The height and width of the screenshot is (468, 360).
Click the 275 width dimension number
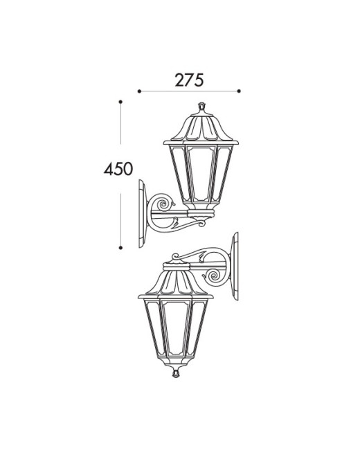(189, 80)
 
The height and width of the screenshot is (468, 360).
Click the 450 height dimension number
(118, 169)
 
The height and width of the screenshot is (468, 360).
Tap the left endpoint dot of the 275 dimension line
(139, 91)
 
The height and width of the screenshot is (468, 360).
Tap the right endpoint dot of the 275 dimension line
(239, 91)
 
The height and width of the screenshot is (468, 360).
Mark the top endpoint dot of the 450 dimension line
(120, 102)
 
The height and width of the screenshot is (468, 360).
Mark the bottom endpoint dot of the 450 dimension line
(120, 247)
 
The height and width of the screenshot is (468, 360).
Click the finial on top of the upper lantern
(202, 106)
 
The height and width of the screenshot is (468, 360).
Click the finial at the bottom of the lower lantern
(176, 373)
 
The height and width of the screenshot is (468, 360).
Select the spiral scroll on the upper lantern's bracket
(163, 204)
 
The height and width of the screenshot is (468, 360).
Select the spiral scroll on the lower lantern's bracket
(215, 276)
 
